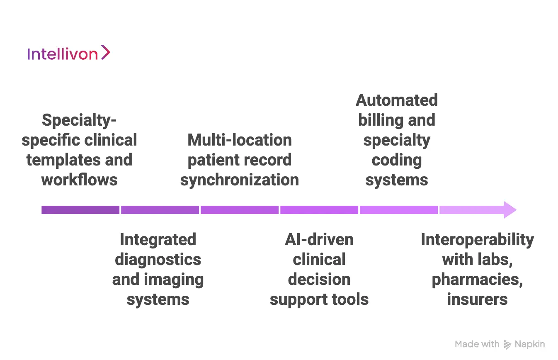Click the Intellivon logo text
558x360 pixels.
[x=62, y=54]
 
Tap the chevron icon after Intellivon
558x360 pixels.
[x=106, y=53]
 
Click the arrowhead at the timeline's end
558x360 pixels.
[x=509, y=210]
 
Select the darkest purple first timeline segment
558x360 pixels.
[x=80, y=210]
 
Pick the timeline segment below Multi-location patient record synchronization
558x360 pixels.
[x=240, y=210]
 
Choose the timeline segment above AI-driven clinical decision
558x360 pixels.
[x=319, y=210]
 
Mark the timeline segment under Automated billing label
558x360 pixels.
[x=398, y=210]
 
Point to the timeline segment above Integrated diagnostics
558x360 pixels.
[x=160, y=210]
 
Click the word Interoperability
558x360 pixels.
[x=477, y=240]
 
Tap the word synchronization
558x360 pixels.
[x=240, y=180]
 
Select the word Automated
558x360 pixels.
[x=397, y=100]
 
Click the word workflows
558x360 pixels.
[x=80, y=180]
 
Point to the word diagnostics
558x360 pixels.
[x=158, y=260]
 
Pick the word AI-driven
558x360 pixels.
[x=319, y=240]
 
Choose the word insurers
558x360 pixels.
[x=477, y=299]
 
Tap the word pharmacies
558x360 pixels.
[x=477, y=280]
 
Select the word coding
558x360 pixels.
[x=397, y=160]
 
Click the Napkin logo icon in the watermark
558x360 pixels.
[x=507, y=344]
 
